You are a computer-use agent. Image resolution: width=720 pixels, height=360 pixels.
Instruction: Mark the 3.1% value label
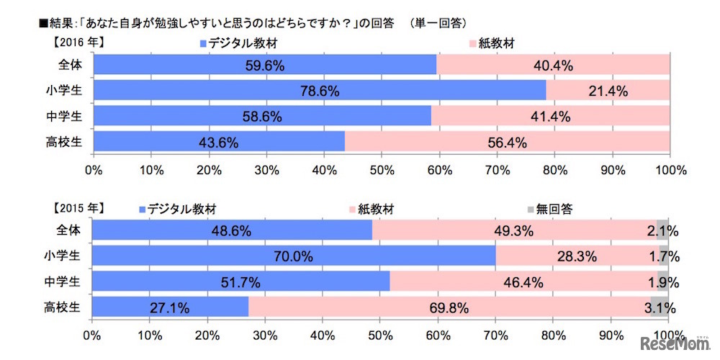665,307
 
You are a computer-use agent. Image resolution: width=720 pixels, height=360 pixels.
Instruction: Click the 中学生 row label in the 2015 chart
73,282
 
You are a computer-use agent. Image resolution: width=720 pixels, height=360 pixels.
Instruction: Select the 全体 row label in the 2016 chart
73,65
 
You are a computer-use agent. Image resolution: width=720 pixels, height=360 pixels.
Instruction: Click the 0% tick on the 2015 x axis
92,336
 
